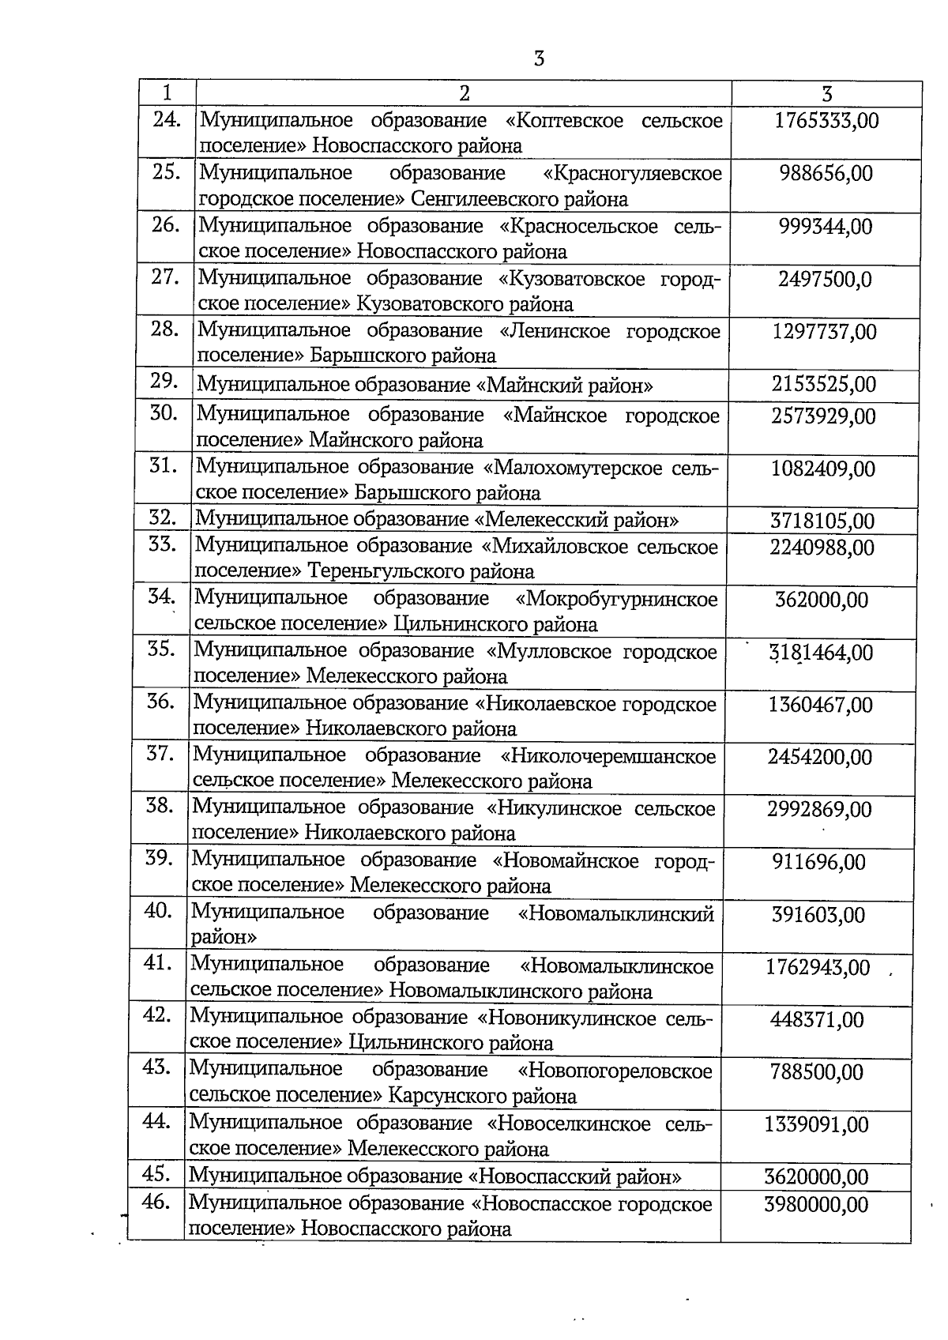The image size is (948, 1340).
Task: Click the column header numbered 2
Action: [465, 93]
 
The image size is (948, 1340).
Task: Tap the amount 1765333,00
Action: [826, 121]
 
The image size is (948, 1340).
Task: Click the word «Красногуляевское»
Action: [633, 173]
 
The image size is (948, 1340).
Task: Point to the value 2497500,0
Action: [825, 280]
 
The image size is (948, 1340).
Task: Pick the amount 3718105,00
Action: [822, 521]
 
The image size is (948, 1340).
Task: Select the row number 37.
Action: [160, 753]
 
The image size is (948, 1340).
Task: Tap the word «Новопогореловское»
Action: [615, 1071]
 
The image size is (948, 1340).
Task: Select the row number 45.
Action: [157, 1174]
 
